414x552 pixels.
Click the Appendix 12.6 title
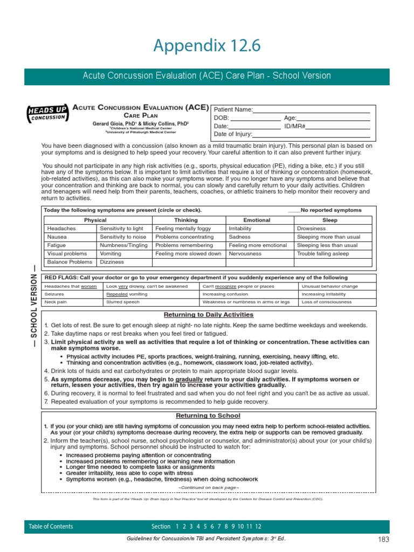[207, 46]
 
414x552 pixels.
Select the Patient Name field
[312, 109]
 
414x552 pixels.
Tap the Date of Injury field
[312, 134]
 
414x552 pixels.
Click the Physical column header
[95, 220]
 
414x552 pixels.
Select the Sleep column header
[329, 220]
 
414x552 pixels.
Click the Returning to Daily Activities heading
[208, 314]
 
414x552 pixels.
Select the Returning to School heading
[208, 416]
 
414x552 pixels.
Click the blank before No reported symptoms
[294, 210]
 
